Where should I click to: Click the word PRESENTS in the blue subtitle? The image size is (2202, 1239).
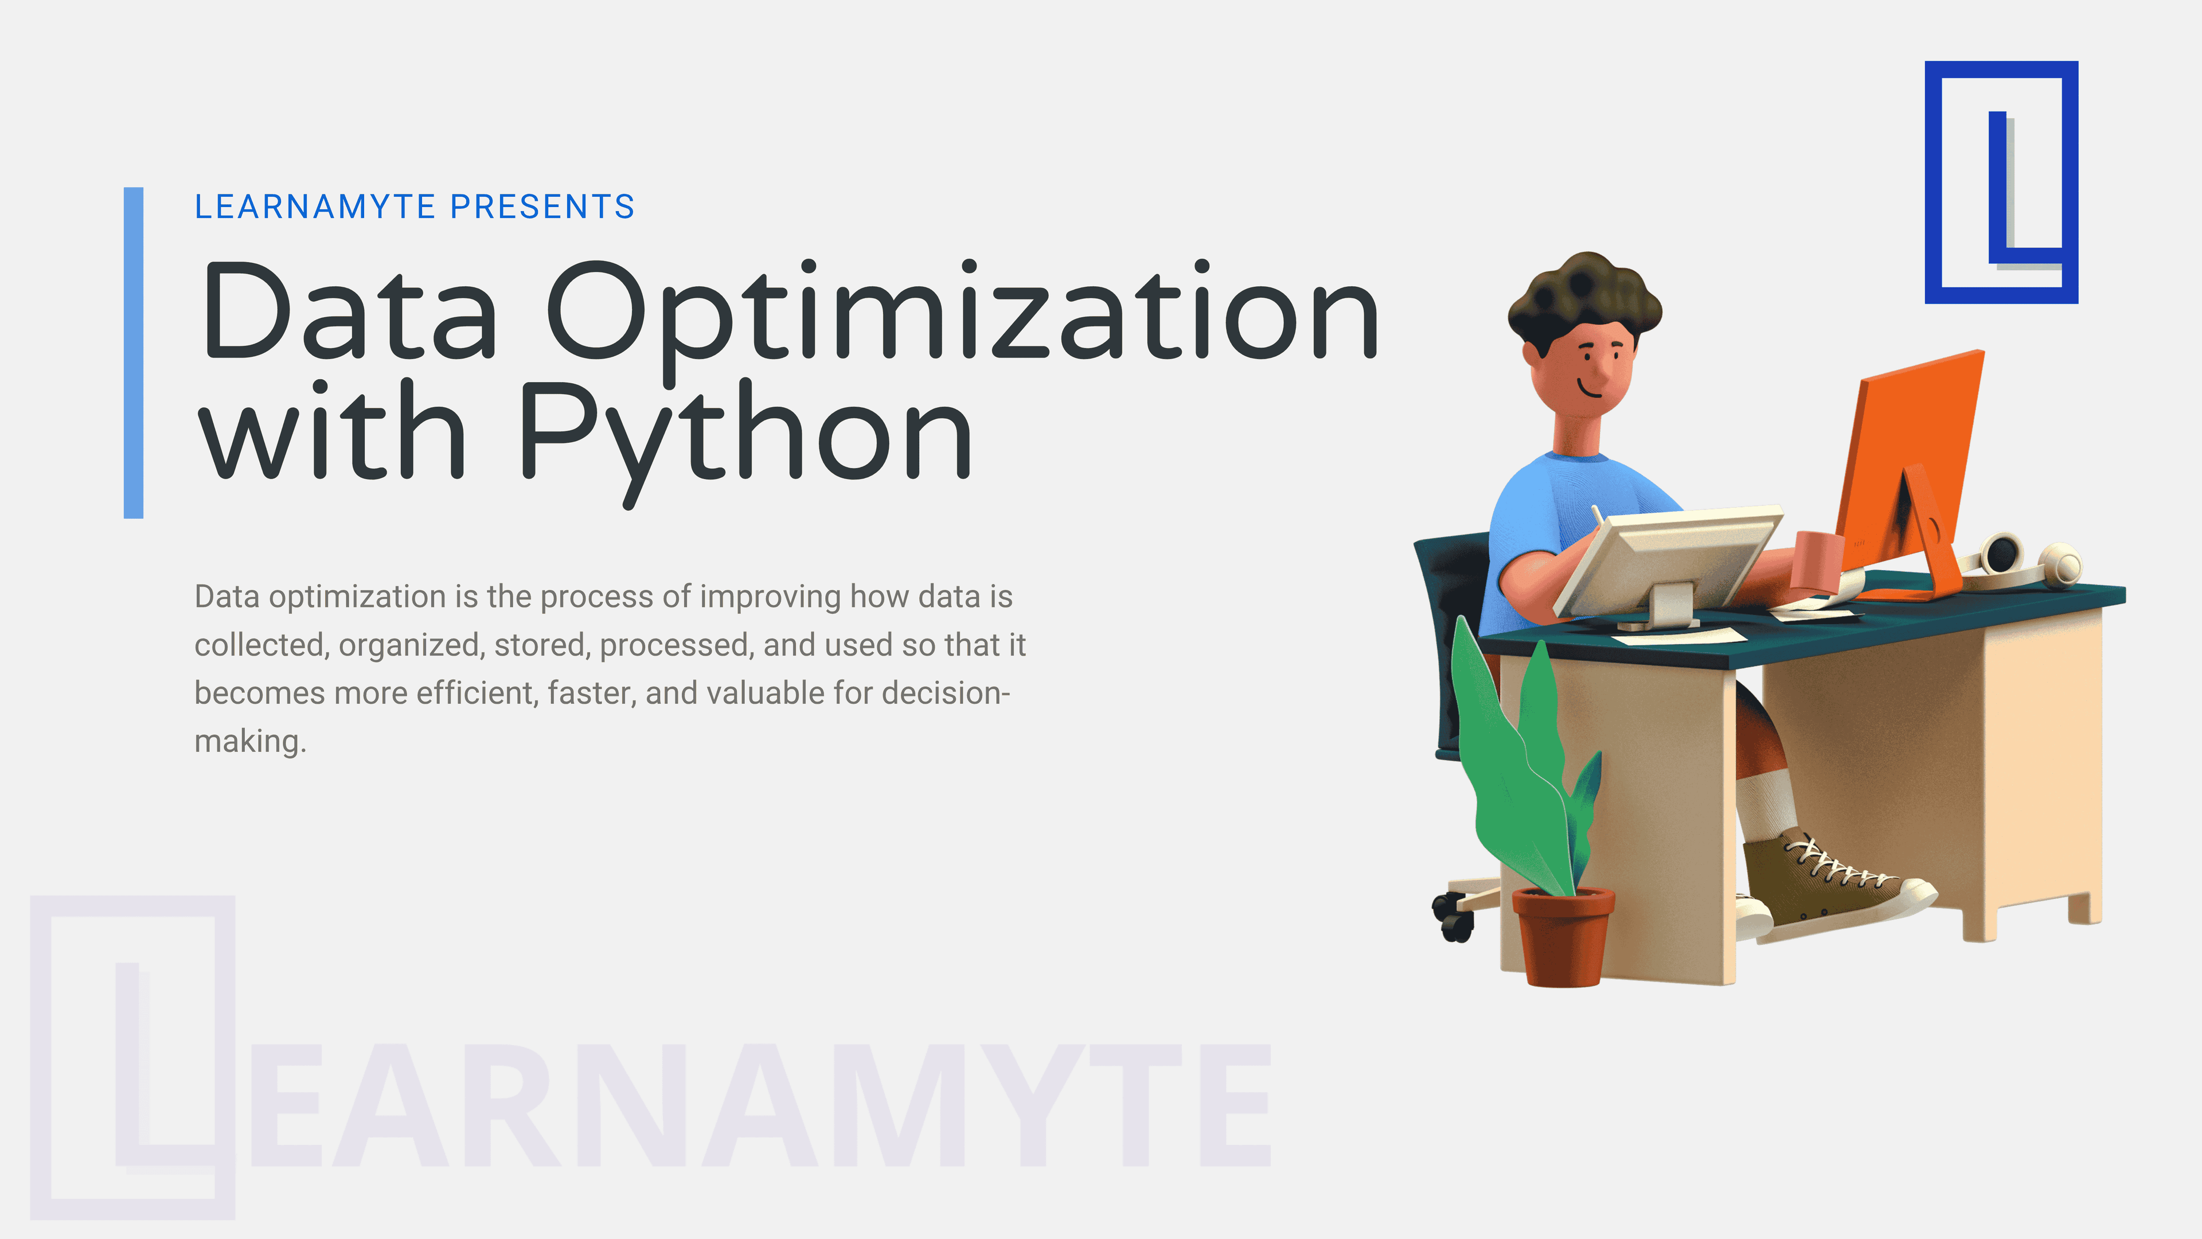[x=542, y=207]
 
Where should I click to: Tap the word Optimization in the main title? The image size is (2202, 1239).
[x=962, y=312]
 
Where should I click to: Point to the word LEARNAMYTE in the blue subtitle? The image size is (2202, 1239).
[x=315, y=207]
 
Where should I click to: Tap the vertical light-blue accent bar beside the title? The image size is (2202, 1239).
[x=134, y=352]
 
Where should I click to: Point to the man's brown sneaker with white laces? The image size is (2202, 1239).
[x=1829, y=880]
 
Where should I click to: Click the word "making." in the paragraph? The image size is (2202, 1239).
[x=249, y=741]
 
